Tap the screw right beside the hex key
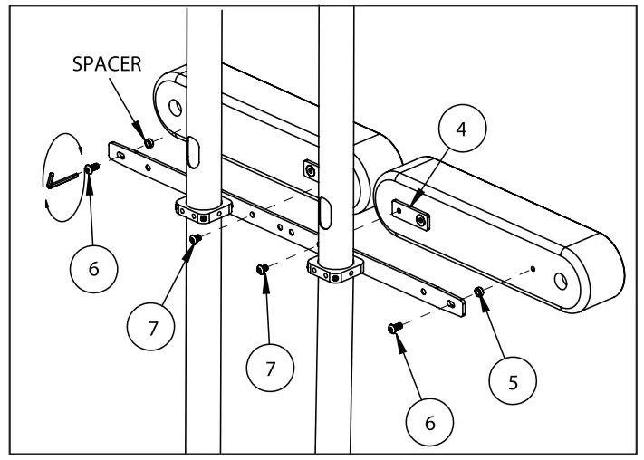click(91, 168)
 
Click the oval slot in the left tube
click(192, 149)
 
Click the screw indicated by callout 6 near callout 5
click(394, 327)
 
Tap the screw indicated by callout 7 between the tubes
click(262, 269)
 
